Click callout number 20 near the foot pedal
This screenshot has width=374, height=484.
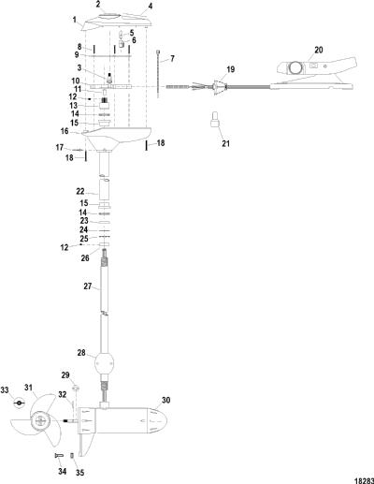(319, 50)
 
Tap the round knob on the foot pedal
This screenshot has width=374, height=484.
(295, 67)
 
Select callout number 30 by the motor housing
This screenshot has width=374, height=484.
(166, 400)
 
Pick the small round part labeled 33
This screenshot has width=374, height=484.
(20, 403)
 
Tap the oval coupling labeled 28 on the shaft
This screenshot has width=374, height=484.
(104, 363)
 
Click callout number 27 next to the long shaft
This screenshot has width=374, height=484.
(88, 286)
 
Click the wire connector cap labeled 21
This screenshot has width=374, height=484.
(215, 119)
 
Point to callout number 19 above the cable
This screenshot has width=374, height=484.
(230, 69)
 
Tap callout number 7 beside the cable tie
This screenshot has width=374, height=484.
(172, 59)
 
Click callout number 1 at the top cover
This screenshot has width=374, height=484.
(75, 20)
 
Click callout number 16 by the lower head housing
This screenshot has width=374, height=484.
(65, 131)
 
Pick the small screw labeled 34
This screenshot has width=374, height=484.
(59, 455)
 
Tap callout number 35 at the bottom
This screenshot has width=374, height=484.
(80, 473)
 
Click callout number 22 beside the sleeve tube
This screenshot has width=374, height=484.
(80, 191)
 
